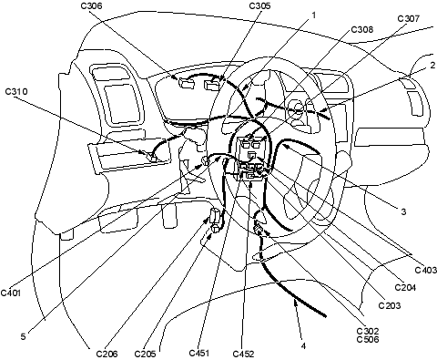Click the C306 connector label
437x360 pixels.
pos(92,5)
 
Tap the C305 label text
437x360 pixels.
pos(259,5)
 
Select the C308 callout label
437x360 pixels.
pos(362,29)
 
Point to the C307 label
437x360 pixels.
pos(409,18)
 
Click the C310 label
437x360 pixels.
pos(16,91)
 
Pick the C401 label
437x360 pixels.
pos(11,293)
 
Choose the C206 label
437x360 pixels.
pos(107,354)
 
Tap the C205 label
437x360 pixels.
pos(145,354)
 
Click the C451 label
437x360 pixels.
pos(199,353)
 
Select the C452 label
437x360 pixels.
pos(243,354)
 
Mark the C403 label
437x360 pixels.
pos(425,270)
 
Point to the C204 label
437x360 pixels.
pos(405,287)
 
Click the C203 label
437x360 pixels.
pos(390,305)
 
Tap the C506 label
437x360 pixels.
pos(368,339)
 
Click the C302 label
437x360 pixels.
pos(368,331)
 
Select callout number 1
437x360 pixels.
pos(314,15)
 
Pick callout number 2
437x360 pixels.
pos(432,66)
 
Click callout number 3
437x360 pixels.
pos(403,211)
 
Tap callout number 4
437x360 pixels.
pos(303,346)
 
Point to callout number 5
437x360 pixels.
pos(24,336)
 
